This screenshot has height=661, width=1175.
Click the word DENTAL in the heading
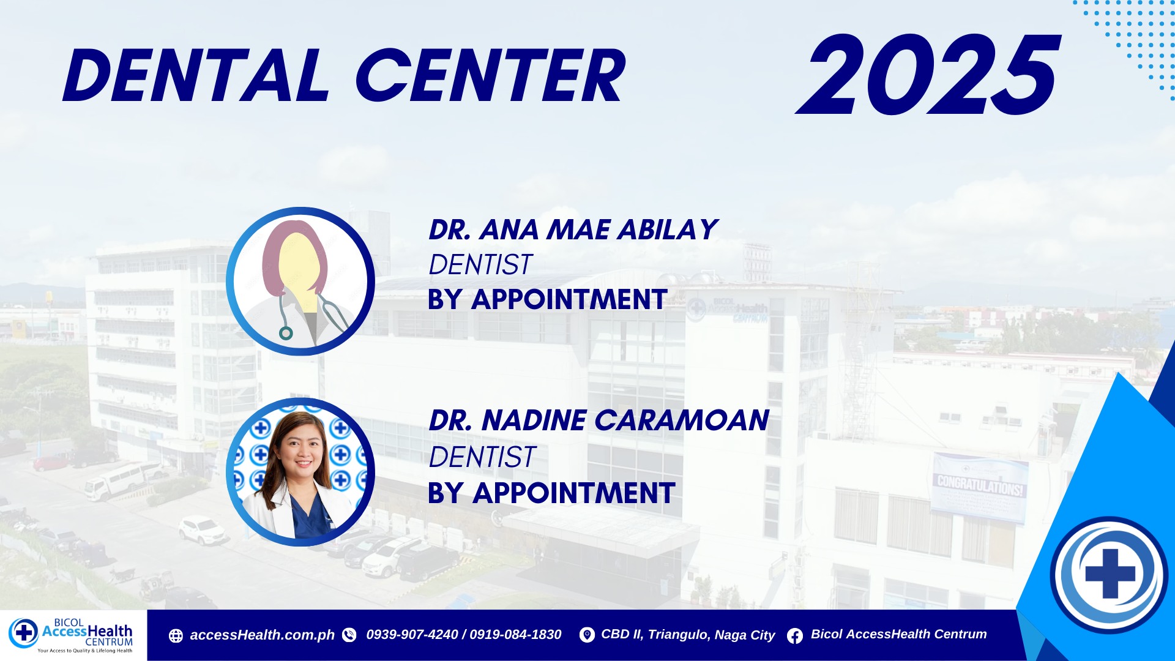[x=196, y=76]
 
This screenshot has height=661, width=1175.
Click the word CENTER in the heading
[x=491, y=76]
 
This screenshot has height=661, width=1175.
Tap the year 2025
[x=928, y=75]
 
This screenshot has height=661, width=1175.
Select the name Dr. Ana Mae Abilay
[x=573, y=230]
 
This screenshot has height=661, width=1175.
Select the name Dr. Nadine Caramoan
[x=599, y=420]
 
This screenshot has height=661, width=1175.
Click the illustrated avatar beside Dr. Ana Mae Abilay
[x=300, y=282]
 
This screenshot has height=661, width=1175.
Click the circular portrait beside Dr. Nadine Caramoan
[x=300, y=472]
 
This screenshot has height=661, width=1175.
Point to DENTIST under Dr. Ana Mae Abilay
[x=480, y=264]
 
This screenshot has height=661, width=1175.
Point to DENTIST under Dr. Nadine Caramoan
[x=482, y=457]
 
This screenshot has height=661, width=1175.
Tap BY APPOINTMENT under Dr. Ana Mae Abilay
[x=547, y=300]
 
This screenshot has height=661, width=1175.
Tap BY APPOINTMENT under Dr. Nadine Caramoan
[x=551, y=493]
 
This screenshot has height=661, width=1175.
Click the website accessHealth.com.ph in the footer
[x=262, y=635]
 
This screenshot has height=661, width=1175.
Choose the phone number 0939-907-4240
[x=412, y=635]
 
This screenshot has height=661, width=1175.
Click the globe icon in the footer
[x=176, y=636]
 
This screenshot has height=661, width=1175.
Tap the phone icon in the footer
[x=349, y=635]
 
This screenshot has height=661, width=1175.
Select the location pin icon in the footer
[x=587, y=635]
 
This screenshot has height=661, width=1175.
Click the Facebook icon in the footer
[x=795, y=636]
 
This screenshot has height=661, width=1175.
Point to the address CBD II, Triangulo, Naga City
[x=688, y=635]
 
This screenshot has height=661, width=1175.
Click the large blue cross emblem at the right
[x=1110, y=575]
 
